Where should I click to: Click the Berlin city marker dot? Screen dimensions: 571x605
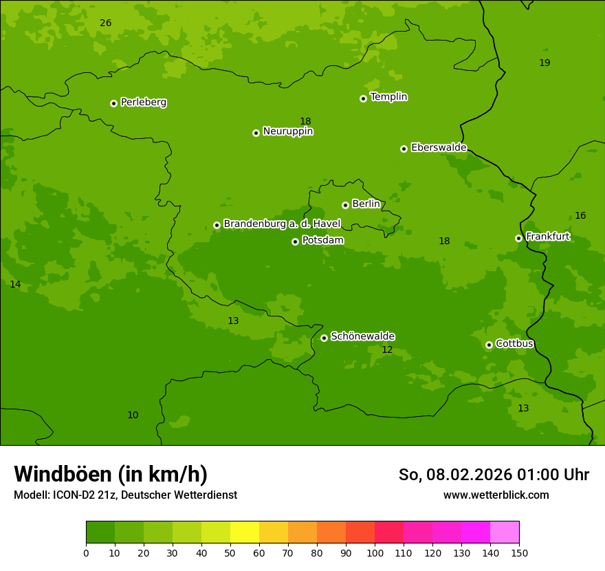[x=345, y=205]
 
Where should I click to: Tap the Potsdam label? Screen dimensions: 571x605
[x=322, y=240]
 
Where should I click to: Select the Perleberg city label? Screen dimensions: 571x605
[x=143, y=103]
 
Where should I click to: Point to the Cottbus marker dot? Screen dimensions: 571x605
[x=489, y=345]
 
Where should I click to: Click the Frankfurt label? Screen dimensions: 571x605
[x=547, y=237]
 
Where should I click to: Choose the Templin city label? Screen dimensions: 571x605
[x=388, y=97]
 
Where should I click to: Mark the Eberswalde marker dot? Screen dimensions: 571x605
[x=404, y=149]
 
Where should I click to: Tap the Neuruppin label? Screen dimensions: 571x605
[x=287, y=131]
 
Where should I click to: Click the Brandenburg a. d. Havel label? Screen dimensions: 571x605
[x=282, y=224]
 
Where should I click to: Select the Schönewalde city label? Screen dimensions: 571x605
[x=362, y=336]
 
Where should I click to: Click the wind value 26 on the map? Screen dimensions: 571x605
[x=105, y=23]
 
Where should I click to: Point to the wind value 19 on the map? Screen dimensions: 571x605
[x=544, y=63]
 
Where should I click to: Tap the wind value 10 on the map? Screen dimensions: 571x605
[x=133, y=416]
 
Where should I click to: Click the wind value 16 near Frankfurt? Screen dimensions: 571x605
[x=580, y=216]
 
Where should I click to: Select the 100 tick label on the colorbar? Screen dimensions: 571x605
[x=375, y=552]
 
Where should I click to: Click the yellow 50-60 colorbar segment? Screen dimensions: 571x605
[x=245, y=532]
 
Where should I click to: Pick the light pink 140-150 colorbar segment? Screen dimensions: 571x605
[x=505, y=532]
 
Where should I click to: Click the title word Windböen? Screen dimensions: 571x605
[x=63, y=474]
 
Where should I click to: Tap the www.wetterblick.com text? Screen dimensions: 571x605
[x=496, y=495]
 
